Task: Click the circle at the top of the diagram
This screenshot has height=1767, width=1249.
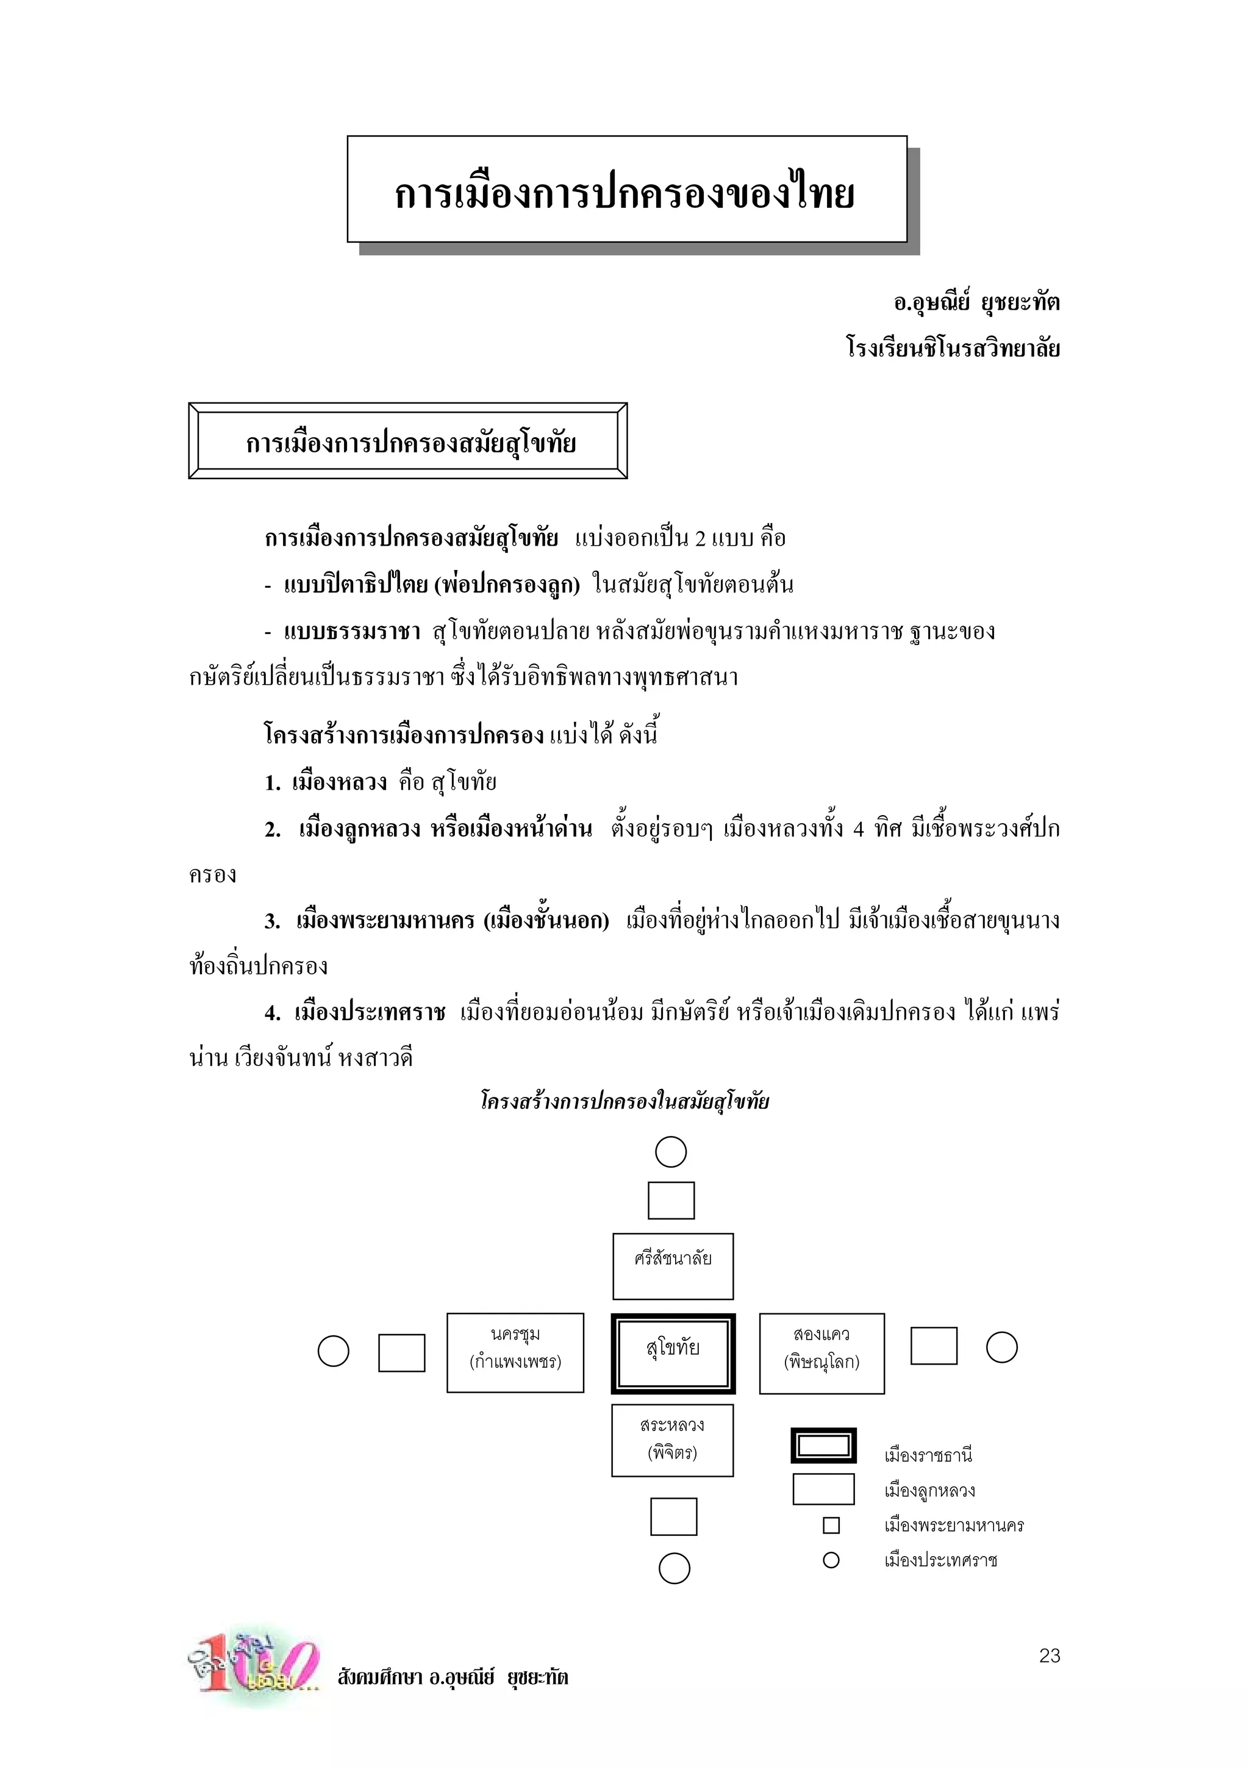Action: coord(670,1152)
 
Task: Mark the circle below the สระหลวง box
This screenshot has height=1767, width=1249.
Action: coord(674,1568)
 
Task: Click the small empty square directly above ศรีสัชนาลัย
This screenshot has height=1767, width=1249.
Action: coord(671,1201)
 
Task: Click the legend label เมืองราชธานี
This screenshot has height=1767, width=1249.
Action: coord(928,1455)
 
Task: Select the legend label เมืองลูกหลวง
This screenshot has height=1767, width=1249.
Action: coord(929,1491)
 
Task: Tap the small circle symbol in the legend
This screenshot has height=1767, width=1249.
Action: coord(831,1560)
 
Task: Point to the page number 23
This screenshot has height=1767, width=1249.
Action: coord(1049,1655)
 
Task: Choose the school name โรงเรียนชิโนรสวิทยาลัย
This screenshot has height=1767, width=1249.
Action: coord(953,348)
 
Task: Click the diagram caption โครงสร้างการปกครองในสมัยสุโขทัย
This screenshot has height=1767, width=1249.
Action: coord(624,1101)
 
